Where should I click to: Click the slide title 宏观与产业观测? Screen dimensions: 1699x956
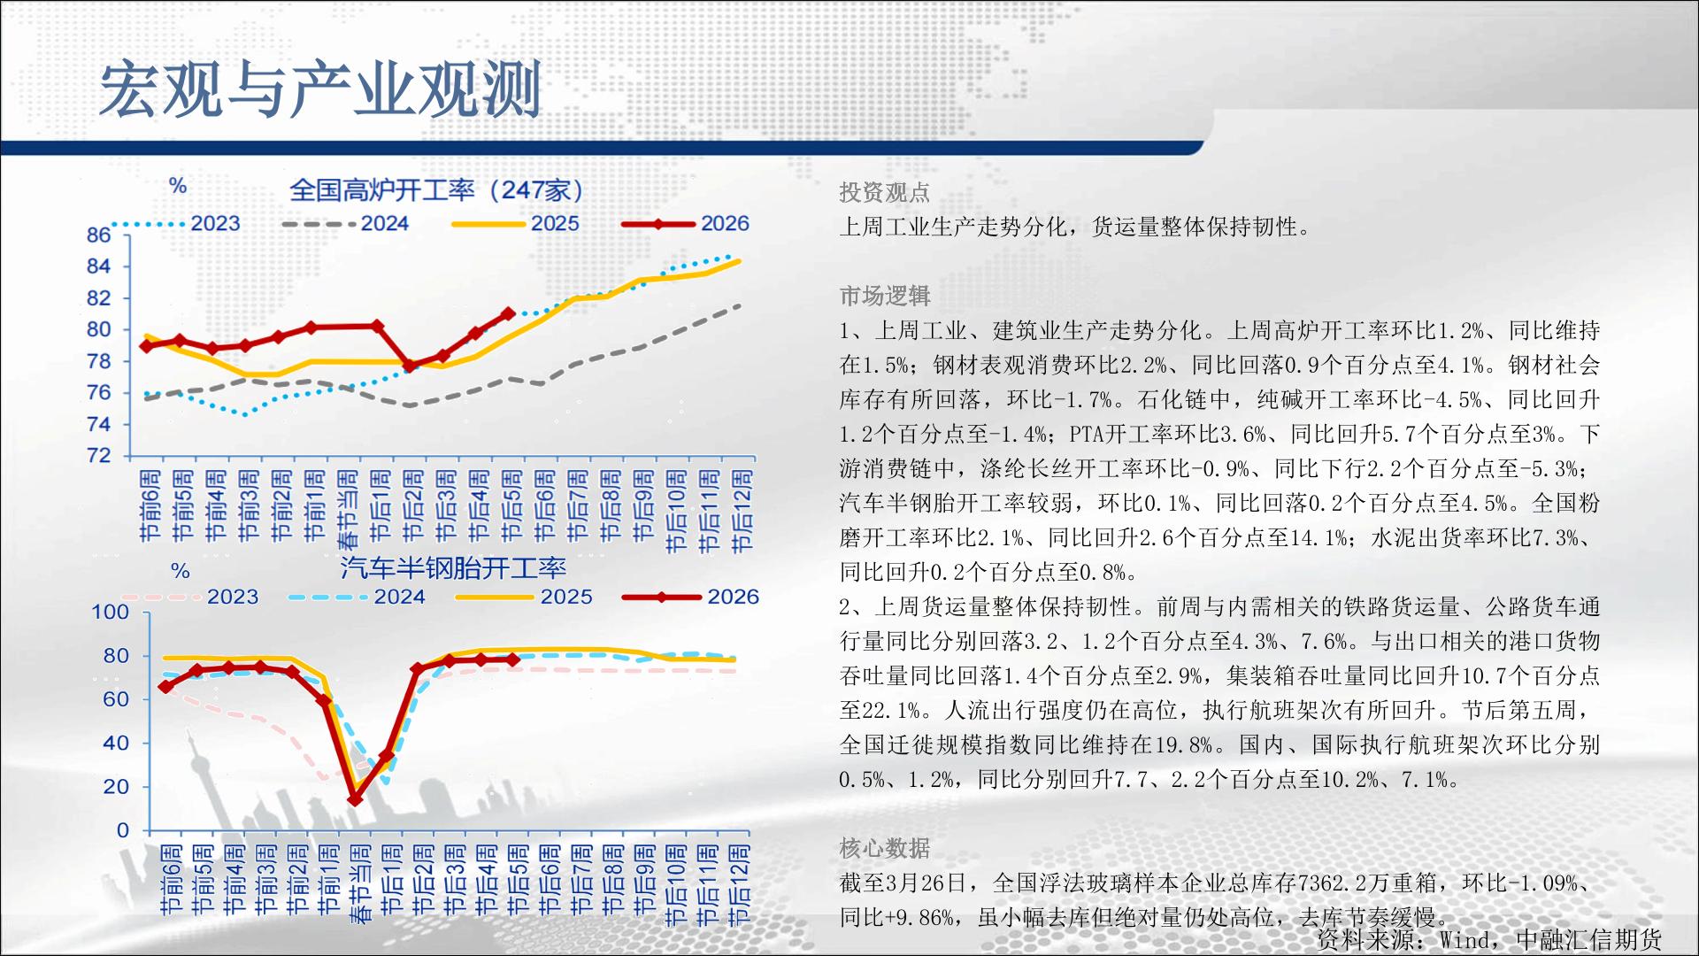pos(319,89)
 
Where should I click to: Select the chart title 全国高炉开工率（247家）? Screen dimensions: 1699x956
pos(437,189)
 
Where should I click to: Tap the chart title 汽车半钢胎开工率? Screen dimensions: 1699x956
pos(453,567)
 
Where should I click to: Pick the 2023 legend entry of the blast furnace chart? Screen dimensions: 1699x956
pos(177,224)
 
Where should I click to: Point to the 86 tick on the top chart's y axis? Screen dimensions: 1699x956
pos(98,235)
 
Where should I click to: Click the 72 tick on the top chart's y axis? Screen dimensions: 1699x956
pos(98,456)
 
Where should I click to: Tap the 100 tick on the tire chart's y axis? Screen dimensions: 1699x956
pos(110,612)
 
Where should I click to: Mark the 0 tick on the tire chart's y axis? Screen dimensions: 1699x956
pos(123,830)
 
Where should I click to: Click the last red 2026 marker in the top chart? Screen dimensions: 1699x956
pos(508,313)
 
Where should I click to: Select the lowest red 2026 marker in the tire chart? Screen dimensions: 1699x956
pos(355,798)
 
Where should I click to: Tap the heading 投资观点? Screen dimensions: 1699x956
pos(884,192)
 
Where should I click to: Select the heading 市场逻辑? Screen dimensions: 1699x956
pos(884,296)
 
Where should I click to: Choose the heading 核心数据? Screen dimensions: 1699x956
pos(884,848)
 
